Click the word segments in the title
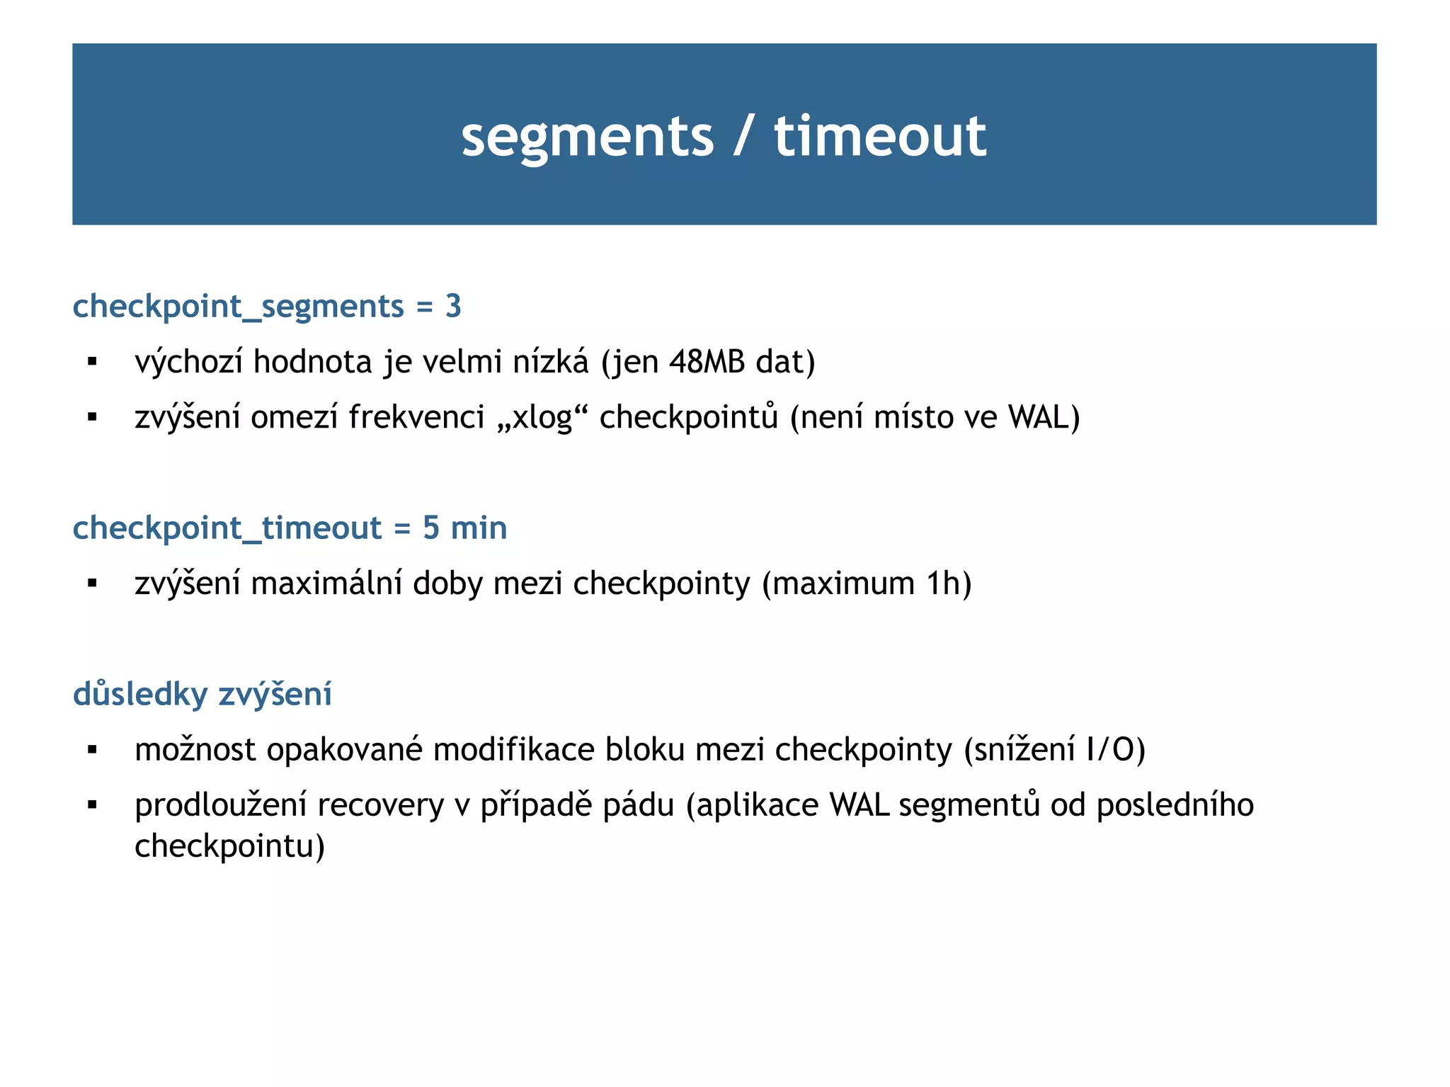click(587, 137)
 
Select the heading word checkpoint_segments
click(238, 307)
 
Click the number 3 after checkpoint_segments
click(453, 306)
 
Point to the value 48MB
click(707, 362)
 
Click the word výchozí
click(188, 363)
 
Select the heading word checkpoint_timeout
click(227, 528)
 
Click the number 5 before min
click(430, 528)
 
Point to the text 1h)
click(949, 584)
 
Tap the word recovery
click(380, 805)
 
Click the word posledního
click(1175, 805)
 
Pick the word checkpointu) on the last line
click(229, 846)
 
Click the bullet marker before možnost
click(92, 750)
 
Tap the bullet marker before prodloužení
click(92, 805)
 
